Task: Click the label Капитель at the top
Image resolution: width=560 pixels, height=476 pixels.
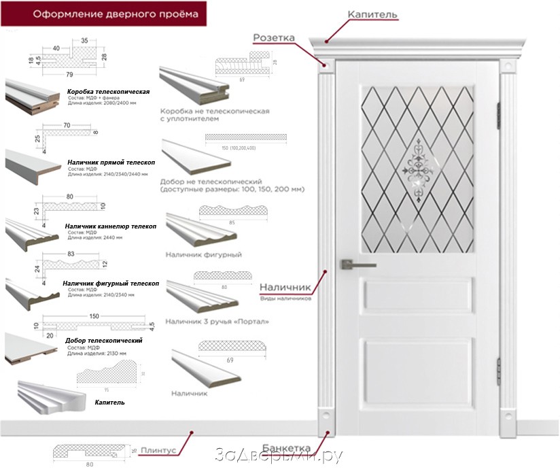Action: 372,14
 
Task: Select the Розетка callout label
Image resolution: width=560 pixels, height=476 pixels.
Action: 274,37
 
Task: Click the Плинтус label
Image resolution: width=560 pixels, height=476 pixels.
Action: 160,450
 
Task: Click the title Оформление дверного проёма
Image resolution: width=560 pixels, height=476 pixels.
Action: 102,14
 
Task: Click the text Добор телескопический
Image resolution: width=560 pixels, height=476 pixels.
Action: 103,340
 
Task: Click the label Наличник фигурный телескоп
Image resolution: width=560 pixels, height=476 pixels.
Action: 111,283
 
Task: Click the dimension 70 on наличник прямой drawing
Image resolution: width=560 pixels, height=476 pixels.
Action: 67,126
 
